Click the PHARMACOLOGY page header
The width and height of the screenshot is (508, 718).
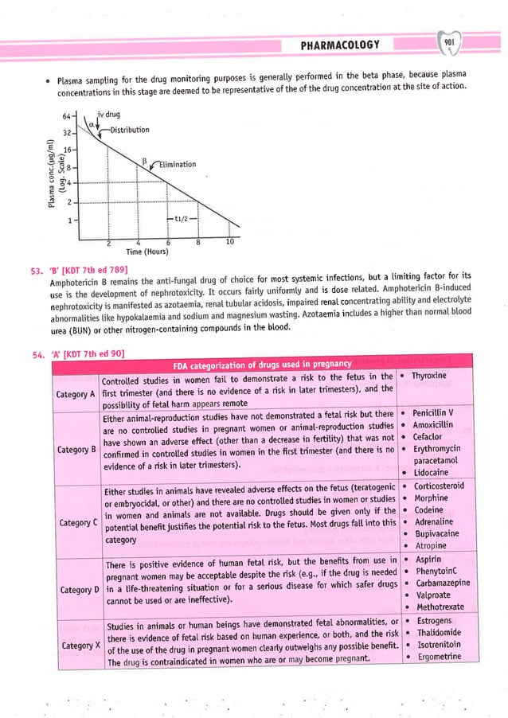click(x=339, y=45)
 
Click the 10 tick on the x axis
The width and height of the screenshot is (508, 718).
click(x=229, y=241)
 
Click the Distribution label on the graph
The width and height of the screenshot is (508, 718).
click(x=129, y=130)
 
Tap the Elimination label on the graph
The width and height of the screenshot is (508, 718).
click(x=176, y=164)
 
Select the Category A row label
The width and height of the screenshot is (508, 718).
click(x=76, y=394)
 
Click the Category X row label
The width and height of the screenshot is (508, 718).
click(x=76, y=644)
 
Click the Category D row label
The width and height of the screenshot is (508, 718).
click(x=76, y=589)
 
